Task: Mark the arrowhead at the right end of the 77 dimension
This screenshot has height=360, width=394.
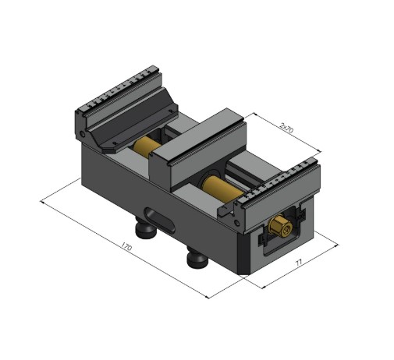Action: (x=337, y=244)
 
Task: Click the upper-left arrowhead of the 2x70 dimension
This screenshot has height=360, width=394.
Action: (x=247, y=115)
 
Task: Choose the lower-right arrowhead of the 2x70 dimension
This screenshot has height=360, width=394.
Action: (x=321, y=152)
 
